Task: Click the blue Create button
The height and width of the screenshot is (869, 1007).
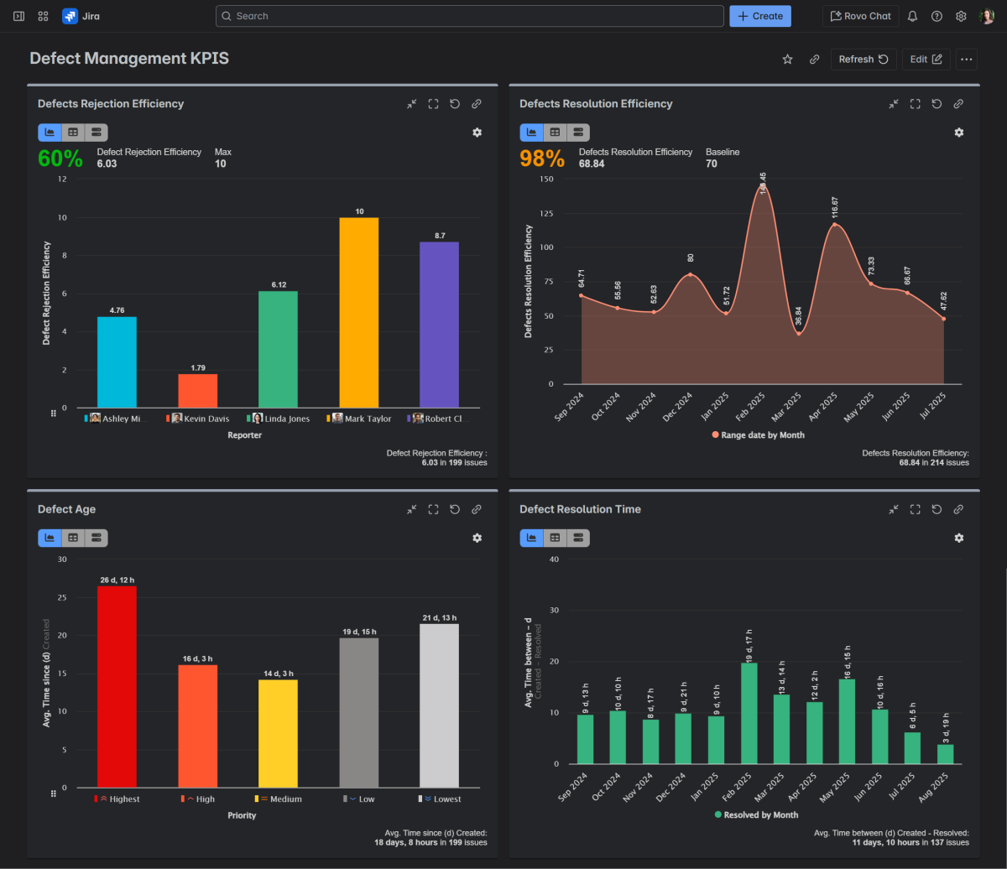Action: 760,16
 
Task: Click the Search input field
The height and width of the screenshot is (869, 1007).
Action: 470,16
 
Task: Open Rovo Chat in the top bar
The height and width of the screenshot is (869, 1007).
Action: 860,16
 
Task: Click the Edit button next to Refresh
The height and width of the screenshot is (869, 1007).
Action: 926,60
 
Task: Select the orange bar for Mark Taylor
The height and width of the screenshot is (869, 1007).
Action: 359,313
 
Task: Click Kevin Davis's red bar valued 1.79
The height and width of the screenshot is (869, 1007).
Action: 198,391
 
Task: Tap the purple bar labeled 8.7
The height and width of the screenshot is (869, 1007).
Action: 440,325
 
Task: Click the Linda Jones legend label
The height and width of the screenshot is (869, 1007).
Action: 287,419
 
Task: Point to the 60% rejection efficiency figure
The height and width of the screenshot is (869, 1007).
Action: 60,159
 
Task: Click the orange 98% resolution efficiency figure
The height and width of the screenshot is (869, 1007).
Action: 542,159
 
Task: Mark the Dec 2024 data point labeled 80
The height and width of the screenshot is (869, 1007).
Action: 690,274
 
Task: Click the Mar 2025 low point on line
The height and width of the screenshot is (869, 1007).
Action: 799,334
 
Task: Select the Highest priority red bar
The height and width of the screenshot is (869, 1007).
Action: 117,686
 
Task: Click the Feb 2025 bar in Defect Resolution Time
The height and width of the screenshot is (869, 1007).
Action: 749,713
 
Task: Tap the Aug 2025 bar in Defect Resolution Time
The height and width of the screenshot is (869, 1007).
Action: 946,754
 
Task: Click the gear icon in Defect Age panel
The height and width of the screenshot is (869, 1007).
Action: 477,538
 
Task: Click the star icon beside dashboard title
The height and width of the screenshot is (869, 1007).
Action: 787,60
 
